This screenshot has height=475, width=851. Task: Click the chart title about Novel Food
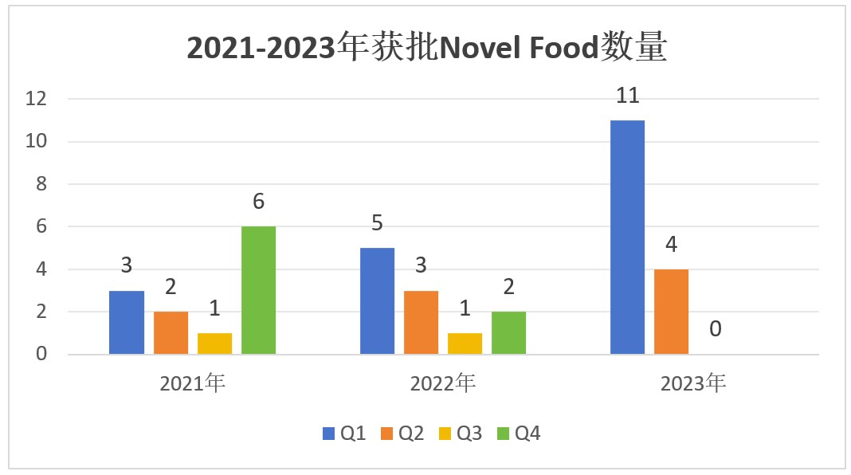[x=426, y=49]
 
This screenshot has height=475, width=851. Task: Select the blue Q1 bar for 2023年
[x=627, y=237]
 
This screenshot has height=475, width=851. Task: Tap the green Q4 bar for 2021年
[x=258, y=290]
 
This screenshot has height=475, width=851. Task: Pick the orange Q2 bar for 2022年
[x=421, y=322]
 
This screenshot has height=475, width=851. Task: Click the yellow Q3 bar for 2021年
[x=214, y=343]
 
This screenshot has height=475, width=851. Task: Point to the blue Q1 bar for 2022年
[x=377, y=300]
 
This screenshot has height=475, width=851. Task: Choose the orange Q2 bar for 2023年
[x=671, y=312]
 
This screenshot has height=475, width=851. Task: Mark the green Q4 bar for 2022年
[x=508, y=332]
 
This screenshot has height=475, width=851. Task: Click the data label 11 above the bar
[x=628, y=96]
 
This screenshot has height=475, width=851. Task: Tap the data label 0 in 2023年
[x=716, y=328]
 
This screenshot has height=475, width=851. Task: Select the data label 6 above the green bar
[x=258, y=202]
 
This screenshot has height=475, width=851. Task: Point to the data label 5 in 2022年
[x=377, y=223]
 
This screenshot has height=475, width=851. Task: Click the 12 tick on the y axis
[x=37, y=100]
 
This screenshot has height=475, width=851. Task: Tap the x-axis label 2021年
[x=192, y=383]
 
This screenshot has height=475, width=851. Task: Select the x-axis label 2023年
[x=693, y=383]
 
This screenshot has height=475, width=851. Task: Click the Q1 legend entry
[x=344, y=434]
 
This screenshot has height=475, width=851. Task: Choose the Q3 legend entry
[x=460, y=434]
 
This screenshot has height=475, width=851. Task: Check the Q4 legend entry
[x=519, y=434]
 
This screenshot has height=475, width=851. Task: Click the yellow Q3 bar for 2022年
[x=465, y=343]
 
